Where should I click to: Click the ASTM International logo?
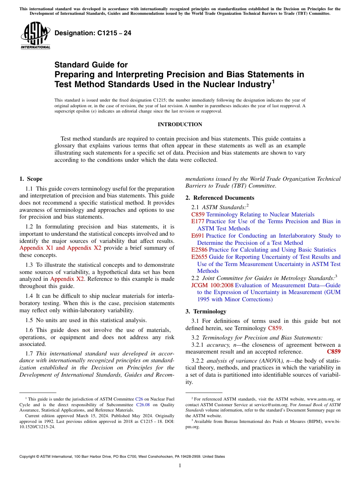[35, 36]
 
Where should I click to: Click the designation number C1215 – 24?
[93, 33]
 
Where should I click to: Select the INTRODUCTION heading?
[180, 125]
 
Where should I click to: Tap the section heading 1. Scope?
[31, 179]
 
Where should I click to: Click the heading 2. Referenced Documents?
[220, 198]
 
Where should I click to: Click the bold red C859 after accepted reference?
[333, 352]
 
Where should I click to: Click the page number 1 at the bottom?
[180, 465]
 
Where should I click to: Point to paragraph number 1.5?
[30, 320]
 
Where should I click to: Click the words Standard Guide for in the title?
[91, 65]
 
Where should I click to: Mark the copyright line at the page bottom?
[122, 457]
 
